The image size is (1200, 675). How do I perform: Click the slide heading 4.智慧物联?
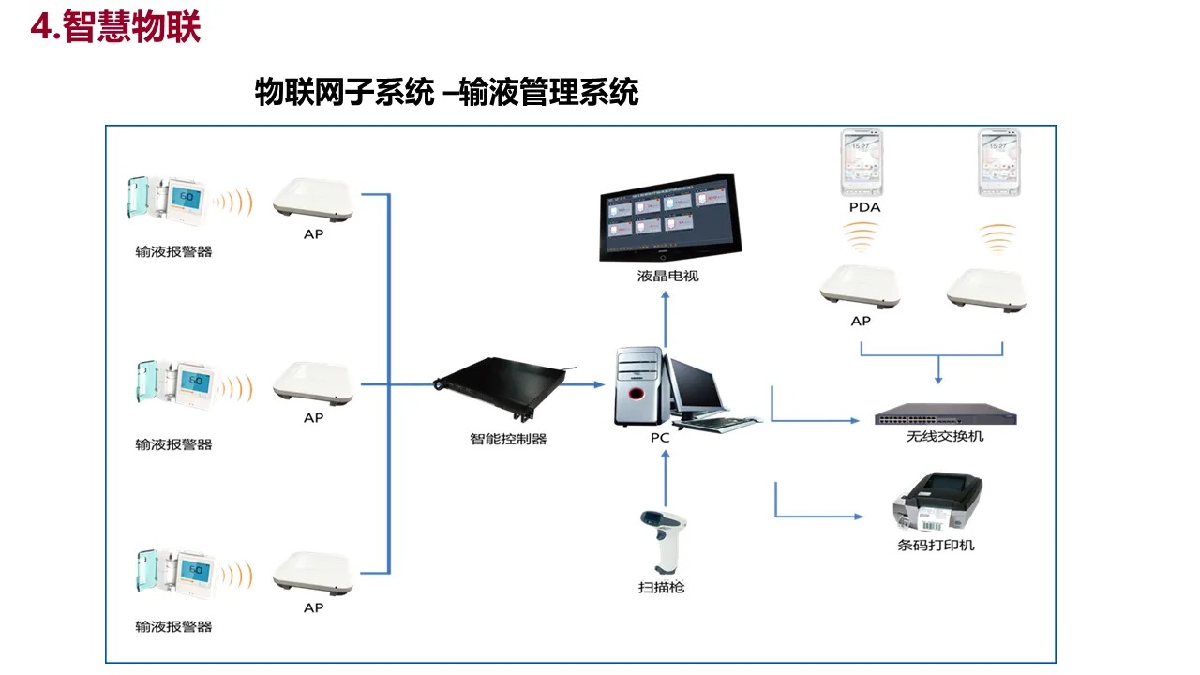tap(116, 27)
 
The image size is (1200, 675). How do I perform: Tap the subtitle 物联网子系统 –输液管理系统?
tap(446, 93)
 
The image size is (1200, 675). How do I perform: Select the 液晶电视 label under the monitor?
tap(667, 276)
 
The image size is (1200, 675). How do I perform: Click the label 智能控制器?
tap(508, 438)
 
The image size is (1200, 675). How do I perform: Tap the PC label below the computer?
tap(660, 438)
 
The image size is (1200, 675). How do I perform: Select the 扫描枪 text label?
tap(662, 587)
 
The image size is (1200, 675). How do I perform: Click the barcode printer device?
tap(937, 504)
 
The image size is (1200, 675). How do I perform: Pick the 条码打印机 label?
tap(936, 545)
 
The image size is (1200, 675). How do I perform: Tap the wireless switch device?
tap(945, 416)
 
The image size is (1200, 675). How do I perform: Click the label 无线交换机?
tap(945, 436)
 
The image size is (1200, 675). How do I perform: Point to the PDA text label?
tap(863, 207)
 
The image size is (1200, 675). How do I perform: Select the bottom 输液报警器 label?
tap(173, 626)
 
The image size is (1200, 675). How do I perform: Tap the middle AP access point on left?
tap(313, 382)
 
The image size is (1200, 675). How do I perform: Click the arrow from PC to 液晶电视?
tap(665, 319)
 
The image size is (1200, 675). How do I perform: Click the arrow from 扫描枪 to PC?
tap(665, 478)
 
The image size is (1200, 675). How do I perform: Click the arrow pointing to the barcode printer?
tap(816, 515)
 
